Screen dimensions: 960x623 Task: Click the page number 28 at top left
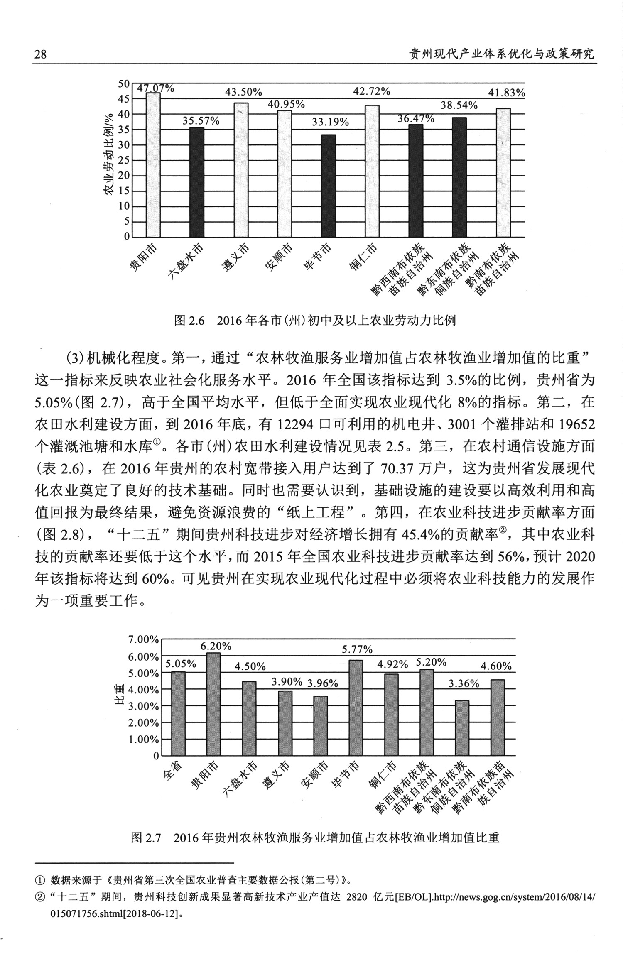40,54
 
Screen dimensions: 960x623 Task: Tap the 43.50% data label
243,92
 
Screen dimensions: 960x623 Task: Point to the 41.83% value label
506,93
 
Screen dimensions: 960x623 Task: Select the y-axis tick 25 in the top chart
124,160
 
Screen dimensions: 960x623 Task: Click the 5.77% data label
357,649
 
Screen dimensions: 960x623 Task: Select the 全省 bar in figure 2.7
179,714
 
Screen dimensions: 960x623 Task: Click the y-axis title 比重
119,697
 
